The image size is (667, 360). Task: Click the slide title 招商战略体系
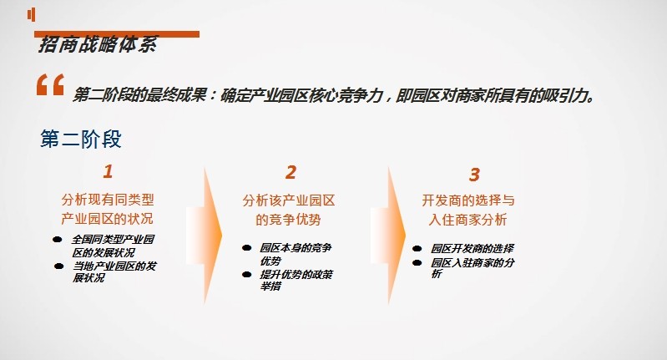click(98, 44)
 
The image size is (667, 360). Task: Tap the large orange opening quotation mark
click(50, 84)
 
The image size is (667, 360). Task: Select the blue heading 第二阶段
click(81, 139)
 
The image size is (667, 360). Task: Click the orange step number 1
click(108, 171)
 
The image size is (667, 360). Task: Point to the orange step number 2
click(291, 172)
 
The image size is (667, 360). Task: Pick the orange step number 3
click(474, 175)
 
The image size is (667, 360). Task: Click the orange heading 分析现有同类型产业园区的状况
click(107, 209)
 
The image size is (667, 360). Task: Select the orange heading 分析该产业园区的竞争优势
click(289, 210)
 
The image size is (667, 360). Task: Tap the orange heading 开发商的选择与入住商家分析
click(468, 210)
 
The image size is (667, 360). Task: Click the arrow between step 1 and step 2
click(205, 235)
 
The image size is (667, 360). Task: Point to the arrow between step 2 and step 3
click(388, 235)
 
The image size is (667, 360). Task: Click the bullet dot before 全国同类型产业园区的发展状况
click(58, 240)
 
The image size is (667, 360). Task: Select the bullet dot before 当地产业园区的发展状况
click(59, 266)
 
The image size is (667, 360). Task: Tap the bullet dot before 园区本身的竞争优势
click(246, 248)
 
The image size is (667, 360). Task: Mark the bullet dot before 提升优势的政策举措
click(246, 275)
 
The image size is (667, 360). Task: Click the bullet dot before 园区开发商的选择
click(417, 249)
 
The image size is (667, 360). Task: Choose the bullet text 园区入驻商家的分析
click(472, 267)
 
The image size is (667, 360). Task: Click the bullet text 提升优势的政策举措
click(296, 280)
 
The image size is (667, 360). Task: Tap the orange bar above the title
click(117, 34)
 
